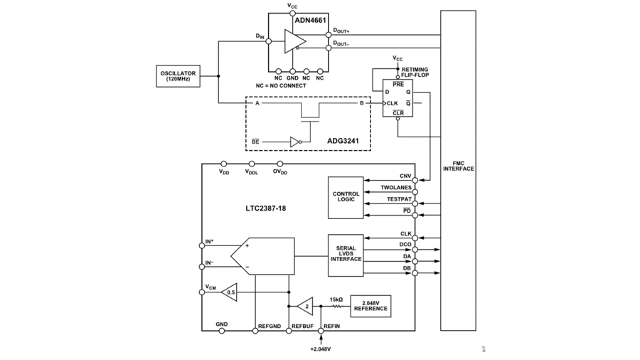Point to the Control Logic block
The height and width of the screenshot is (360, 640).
[x=346, y=197]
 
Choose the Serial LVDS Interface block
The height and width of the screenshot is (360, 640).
[x=346, y=255]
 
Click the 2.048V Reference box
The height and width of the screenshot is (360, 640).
[x=370, y=305]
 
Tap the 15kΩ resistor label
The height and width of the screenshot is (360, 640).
[x=336, y=299]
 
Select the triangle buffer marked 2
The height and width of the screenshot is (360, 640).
[x=304, y=306]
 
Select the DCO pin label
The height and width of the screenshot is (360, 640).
[x=405, y=245]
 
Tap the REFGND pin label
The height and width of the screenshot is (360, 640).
[x=270, y=325]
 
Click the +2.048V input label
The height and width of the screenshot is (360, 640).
[x=321, y=349]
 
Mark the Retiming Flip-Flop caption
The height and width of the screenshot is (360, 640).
[x=415, y=73]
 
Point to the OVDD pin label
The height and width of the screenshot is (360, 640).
[x=281, y=171]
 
